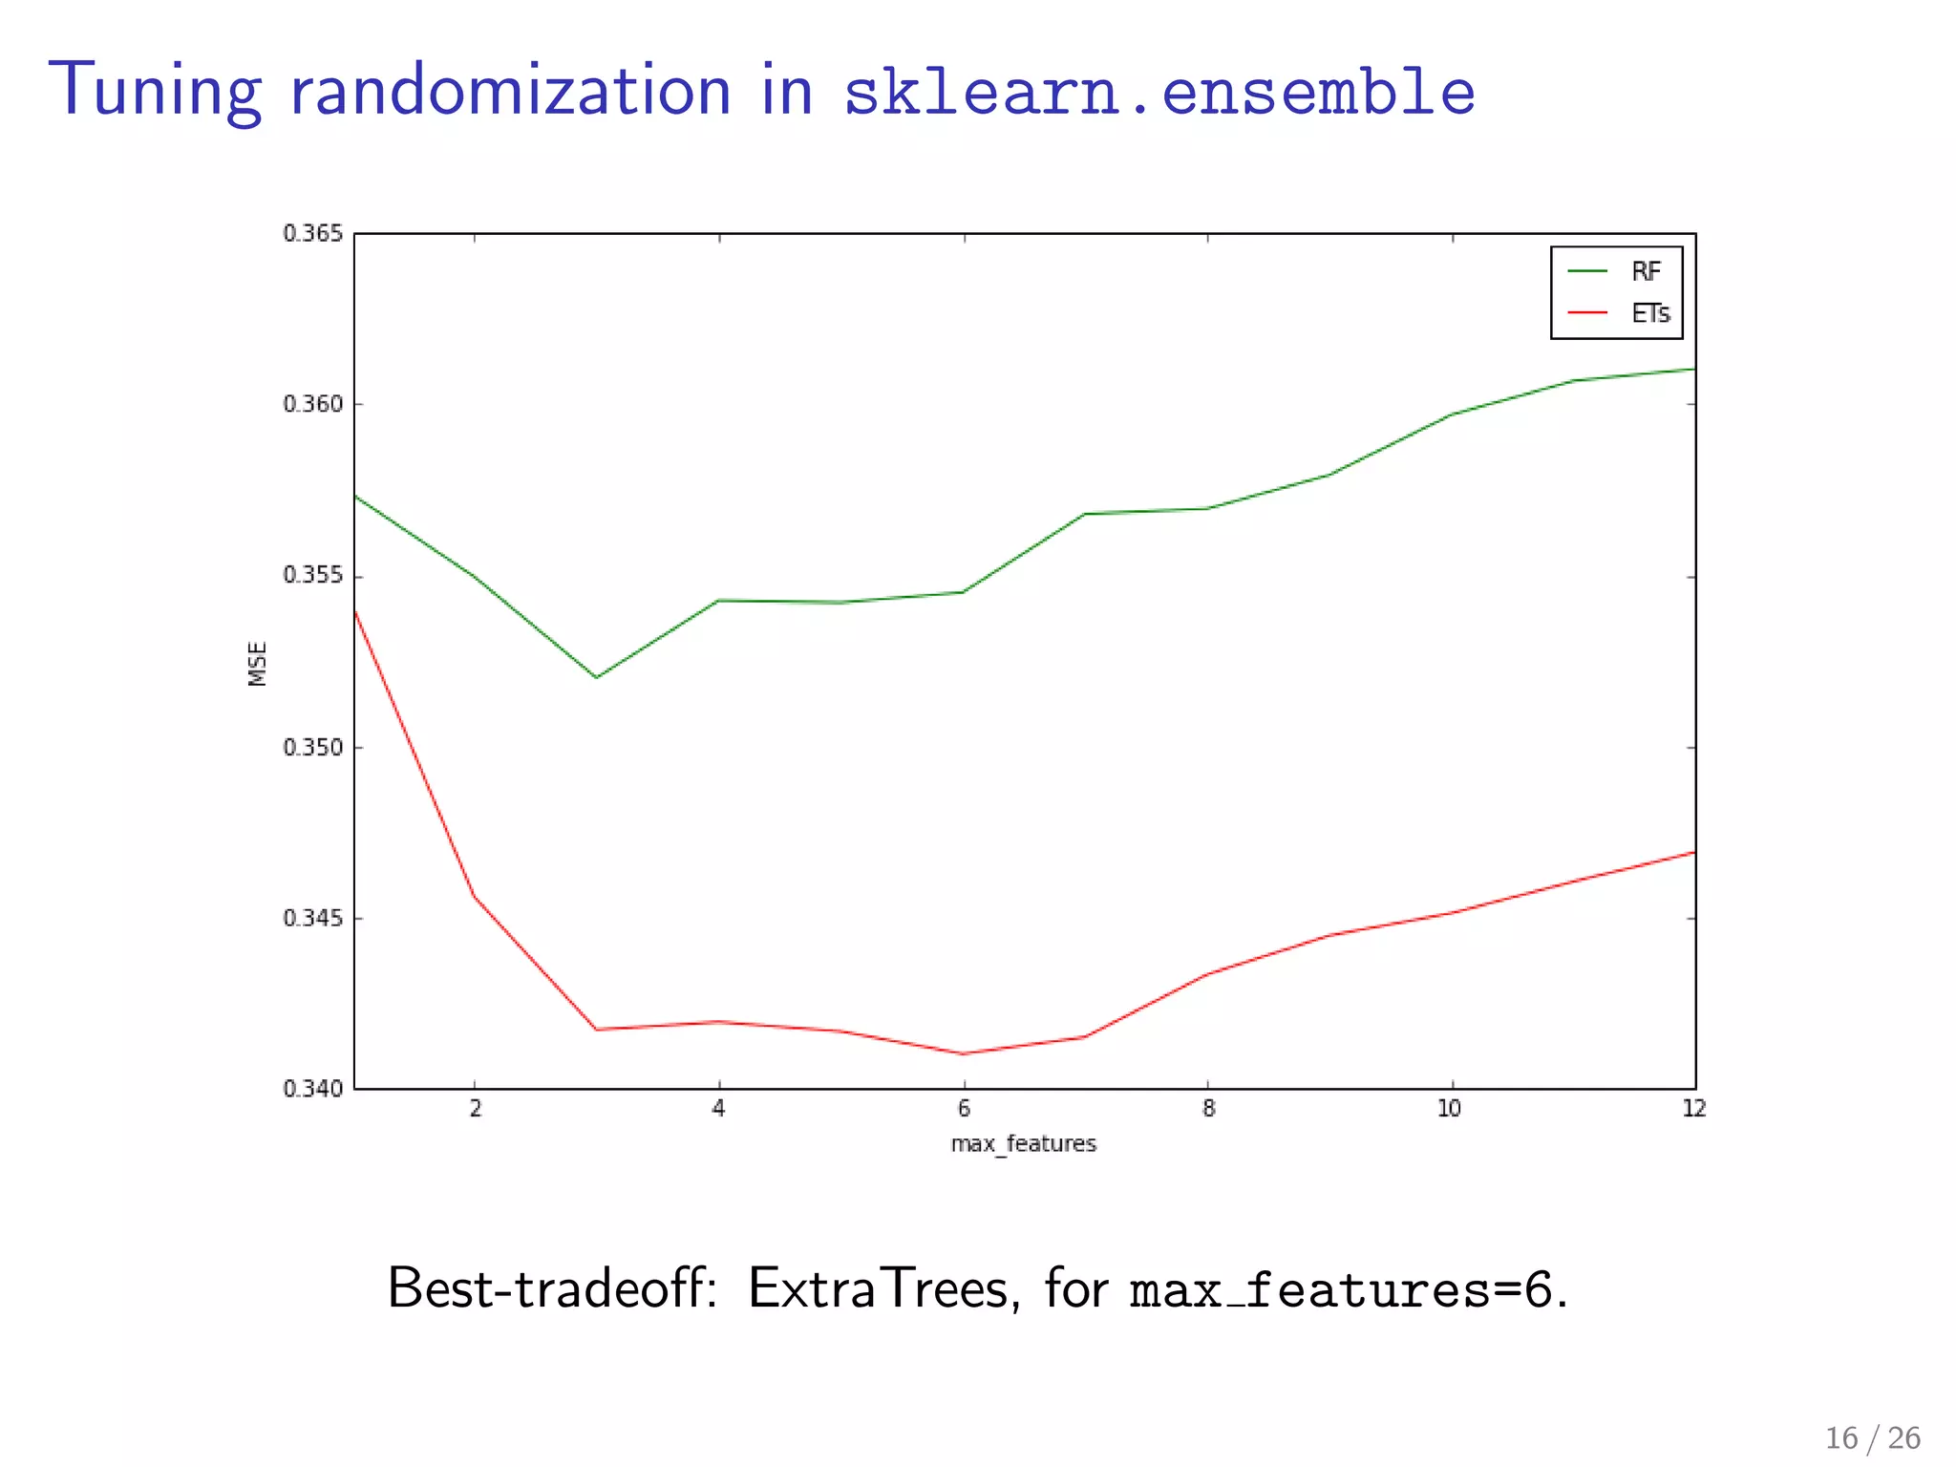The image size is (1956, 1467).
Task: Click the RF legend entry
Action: pos(1645,272)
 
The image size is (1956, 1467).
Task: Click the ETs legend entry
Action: pos(1649,314)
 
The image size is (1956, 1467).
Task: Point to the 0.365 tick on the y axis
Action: pos(312,234)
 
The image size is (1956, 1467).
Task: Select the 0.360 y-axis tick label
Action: pos(312,404)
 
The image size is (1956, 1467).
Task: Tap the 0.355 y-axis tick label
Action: pos(312,576)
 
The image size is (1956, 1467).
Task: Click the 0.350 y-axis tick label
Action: pos(312,747)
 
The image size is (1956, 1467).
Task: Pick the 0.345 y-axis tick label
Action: pos(312,918)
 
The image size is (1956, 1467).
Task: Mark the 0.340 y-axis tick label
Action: pos(312,1089)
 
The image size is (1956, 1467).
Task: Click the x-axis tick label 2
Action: pos(476,1109)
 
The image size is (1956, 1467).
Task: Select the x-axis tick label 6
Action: pos(964,1109)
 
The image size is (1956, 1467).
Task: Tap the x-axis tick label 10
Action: pos(1450,1109)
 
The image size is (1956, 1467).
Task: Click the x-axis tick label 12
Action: pos(1693,1109)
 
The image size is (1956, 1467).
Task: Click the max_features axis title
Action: pos(1023,1143)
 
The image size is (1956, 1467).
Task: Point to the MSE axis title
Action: pos(257,663)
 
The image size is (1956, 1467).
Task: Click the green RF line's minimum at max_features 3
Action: pos(596,677)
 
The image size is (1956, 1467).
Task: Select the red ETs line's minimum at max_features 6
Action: pos(963,1053)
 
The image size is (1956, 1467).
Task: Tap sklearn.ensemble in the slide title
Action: pos(1159,93)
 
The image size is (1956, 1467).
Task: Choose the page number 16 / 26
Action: pos(1872,1438)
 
